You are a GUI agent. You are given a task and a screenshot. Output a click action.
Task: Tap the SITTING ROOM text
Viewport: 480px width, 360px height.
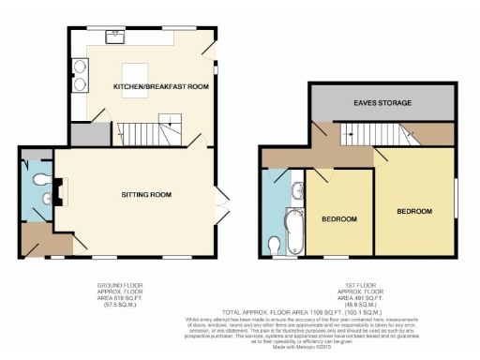[146, 195]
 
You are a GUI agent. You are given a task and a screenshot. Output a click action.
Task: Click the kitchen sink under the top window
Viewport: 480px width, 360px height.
[117, 38]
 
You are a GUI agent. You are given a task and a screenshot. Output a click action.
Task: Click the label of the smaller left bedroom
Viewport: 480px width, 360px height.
[338, 219]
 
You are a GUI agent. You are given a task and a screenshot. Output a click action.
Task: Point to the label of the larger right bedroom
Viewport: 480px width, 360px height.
[413, 212]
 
